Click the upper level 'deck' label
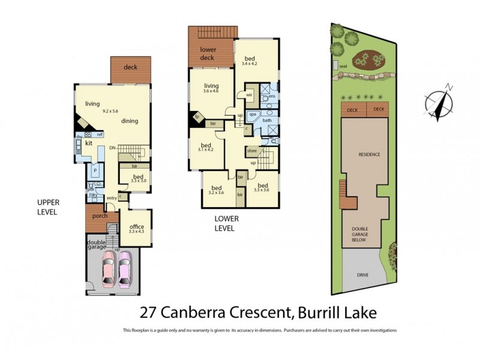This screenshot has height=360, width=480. pyautogui.click(x=130, y=67)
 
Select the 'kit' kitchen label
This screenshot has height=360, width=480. pyautogui.click(x=88, y=143)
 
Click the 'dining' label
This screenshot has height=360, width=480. pyautogui.click(x=130, y=121)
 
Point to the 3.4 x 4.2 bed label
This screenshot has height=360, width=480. pyautogui.click(x=249, y=60)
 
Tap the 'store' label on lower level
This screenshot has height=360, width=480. pyautogui.click(x=251, y=151)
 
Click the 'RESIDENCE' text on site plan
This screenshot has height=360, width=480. pyautogui.click(x=370, y=154)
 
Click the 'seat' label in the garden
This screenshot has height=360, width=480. pyautogui.click(x=343, y=66)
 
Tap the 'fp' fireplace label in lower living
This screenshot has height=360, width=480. pyautogui.click(x=196, y=116)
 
